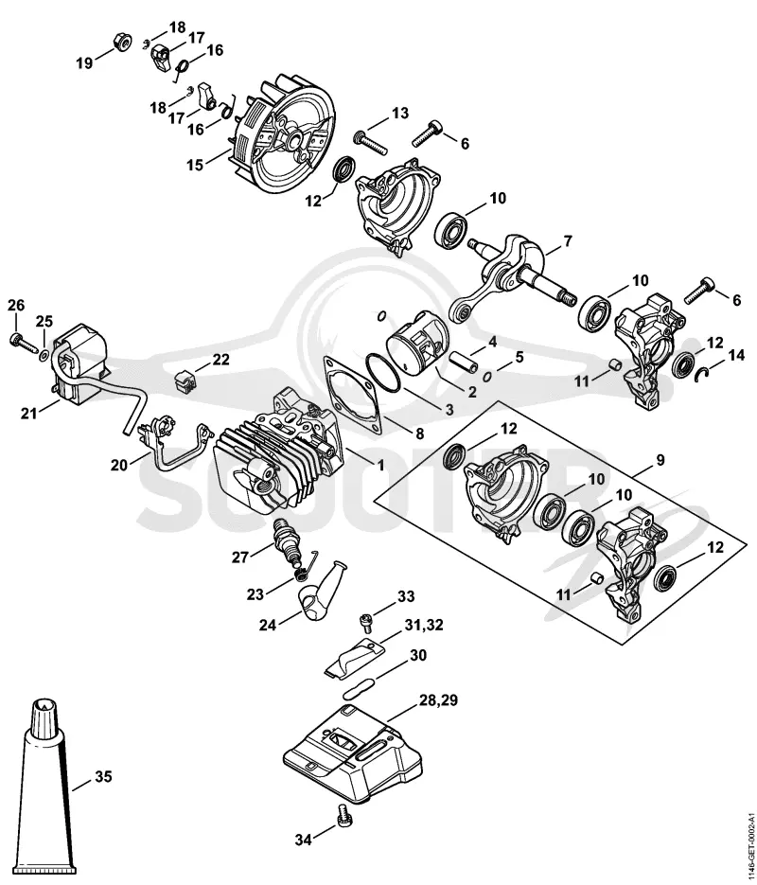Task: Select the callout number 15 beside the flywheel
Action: [x=195, y=166]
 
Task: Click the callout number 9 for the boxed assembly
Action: [x=660, y=461]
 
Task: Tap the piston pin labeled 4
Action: [x=462, y=362]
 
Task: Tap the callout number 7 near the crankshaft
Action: [x=568, y=242]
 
